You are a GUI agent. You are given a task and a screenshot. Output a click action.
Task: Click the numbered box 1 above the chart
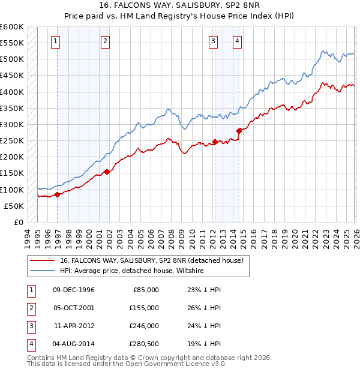(x=55, y=41)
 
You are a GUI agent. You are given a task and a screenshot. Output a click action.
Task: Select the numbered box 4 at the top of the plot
(x=238, y=41)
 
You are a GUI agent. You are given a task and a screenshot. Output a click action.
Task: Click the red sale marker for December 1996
(x=58, y=194)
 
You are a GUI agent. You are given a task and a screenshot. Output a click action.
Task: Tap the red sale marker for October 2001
(x=107, y=172)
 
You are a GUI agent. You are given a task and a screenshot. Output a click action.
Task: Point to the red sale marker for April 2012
(x=214, y=142)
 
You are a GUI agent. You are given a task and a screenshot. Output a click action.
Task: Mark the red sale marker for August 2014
(x=239, y=130)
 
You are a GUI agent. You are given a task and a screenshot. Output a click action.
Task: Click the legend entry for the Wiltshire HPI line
(x=132, y=271)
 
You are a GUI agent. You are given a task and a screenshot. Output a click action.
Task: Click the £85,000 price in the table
(x=146, y=289)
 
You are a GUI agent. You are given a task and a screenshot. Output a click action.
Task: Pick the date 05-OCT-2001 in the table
(x=74, y=307)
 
